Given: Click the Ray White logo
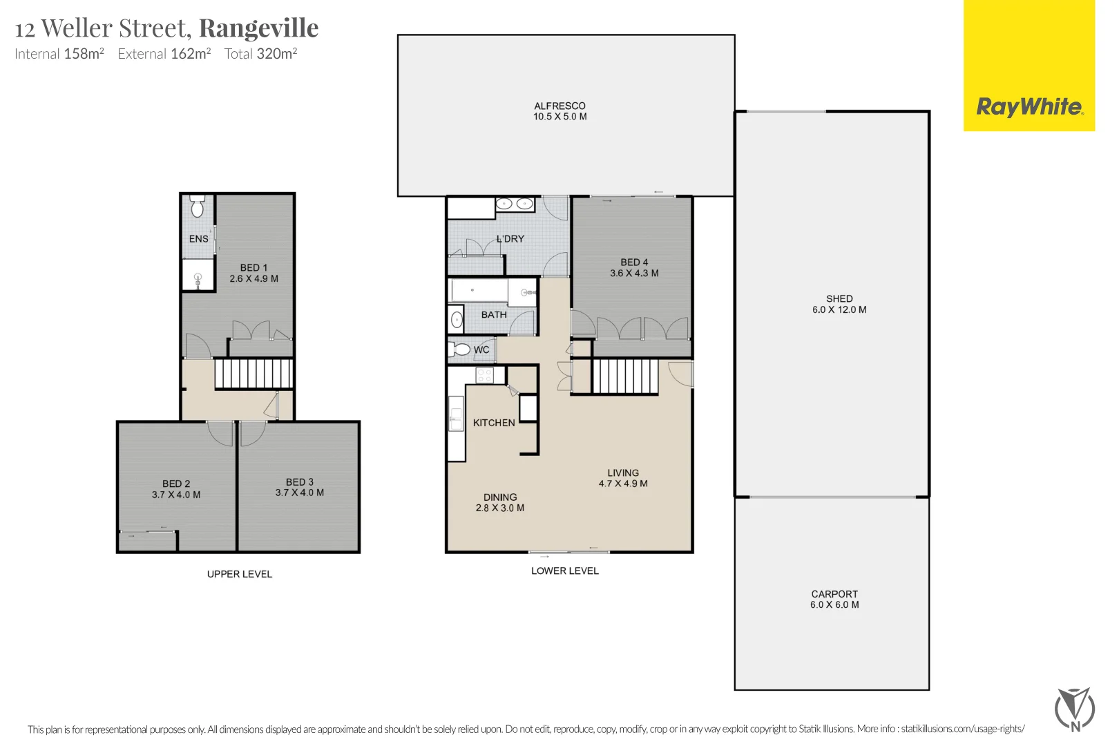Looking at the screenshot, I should tap(1029, 107).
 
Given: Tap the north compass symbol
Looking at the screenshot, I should tap(1074, 709).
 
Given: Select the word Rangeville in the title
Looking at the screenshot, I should tap(259, 28).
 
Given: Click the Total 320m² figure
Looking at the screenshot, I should tap(260, 54).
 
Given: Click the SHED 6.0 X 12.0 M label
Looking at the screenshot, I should tap(839, 304).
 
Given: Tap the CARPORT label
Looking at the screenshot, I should tap(834, 594).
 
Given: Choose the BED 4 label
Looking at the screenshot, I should tap(634, 262).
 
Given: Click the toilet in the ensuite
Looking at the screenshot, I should tap(198, 206).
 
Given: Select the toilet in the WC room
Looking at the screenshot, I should tap(460, 350).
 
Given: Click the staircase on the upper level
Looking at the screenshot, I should tap(254, 374).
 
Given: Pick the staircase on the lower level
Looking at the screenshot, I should tap(625, 376).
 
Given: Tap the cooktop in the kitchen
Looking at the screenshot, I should tap(484, 375).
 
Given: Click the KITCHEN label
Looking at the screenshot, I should tap(494, 423).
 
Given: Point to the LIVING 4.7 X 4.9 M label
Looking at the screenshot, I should tap(623, 478).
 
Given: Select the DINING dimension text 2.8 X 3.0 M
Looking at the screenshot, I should tap(500, 508).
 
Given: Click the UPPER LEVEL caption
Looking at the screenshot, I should tap(240, 574).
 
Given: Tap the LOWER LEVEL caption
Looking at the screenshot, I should tap(565, 571).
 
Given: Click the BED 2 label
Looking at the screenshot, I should tap(176, 484).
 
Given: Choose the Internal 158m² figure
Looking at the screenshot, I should tap(59, 54).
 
